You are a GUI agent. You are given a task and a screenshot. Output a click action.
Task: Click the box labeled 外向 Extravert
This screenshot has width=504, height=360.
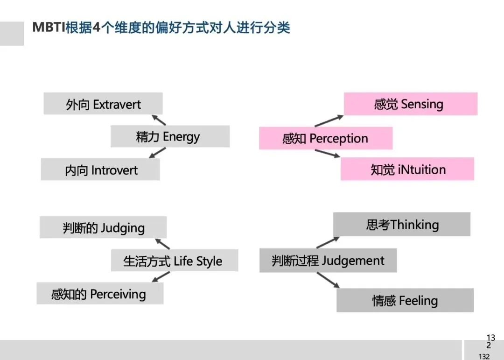(x=103, y=104)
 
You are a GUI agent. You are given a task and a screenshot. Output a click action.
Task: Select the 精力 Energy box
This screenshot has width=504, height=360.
(x=170, y=136)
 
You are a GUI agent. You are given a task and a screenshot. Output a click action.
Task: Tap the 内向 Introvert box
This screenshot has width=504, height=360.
(x=100, y=169)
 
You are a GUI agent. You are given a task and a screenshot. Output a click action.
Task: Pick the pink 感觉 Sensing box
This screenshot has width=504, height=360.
(x=410, y=104)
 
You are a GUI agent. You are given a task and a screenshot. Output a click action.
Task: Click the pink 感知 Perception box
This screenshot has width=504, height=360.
(x=325, y=138)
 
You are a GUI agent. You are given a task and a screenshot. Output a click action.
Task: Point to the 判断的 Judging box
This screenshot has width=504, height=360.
(x=103, y=228)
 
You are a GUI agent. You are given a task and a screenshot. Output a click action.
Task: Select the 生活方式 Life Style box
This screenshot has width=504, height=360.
(x=174, y=261)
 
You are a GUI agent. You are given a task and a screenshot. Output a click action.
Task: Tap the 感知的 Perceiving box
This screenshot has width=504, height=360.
(x=100, y=294)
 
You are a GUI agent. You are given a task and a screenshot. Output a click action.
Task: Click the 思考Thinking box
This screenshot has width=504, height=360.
(x=401, y=225)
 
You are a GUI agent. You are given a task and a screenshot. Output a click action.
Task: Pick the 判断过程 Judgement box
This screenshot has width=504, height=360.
(x=328, y=261)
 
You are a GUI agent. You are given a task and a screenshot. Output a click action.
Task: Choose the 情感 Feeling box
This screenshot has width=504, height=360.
(x=405, y=300)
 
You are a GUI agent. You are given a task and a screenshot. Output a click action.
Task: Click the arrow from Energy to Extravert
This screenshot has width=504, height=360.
(x=159, y=120)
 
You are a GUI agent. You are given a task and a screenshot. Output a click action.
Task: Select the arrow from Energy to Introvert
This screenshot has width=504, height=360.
(x=159, y=152)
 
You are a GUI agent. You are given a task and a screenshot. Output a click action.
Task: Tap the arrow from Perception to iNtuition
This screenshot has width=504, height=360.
(x=327, y=153)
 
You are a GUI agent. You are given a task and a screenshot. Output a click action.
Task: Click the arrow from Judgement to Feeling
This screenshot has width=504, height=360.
(x=328, y=279)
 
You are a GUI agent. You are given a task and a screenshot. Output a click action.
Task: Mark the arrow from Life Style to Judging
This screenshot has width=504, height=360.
(x=162, y=244)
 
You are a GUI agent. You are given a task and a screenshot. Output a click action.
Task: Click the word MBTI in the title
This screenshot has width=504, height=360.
(x=49, y=27)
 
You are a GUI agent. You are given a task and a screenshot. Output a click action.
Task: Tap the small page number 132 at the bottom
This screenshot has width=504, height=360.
(x=484, y=357)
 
